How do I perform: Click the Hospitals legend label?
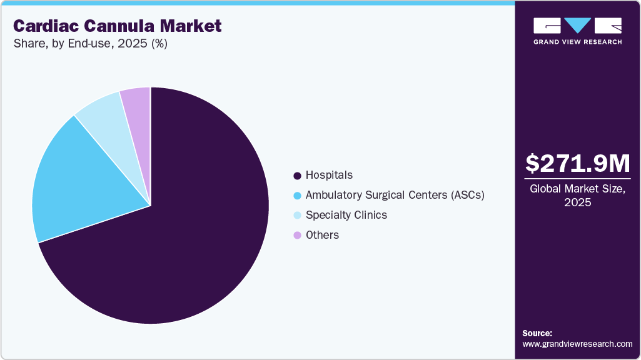[329, 175]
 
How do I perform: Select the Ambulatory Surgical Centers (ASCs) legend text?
[395, 195]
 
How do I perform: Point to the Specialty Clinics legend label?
[346, 215]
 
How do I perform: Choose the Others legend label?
[322, 235]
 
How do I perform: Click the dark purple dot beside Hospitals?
[297, 176]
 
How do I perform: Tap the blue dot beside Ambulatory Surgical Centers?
[297, 196]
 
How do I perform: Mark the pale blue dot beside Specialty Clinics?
[297, 216]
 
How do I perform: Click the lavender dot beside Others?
[297, 236]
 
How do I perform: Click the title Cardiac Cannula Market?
[118, 26]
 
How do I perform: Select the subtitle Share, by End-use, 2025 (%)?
[90, 44]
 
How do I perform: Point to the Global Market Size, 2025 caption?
[577, 195]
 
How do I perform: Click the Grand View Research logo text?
[577, 42]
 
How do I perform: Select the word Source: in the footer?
[537, 333]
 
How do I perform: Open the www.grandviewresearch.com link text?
[577, 344]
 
